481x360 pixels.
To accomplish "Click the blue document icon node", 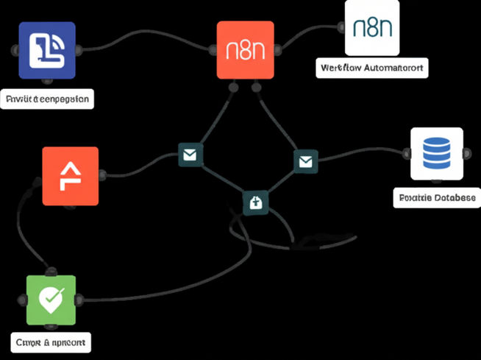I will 46,49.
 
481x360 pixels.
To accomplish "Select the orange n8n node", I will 245,49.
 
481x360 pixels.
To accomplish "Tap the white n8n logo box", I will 372,28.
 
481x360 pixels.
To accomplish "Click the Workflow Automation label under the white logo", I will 372,67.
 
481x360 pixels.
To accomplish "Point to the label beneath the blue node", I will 48,97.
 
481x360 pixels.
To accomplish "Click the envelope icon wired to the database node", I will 304,161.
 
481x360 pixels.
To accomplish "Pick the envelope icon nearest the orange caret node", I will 190,155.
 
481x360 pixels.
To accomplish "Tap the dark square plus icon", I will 256,201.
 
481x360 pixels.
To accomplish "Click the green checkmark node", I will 50,300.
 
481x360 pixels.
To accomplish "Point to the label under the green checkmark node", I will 51,342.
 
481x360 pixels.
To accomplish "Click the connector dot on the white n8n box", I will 341,28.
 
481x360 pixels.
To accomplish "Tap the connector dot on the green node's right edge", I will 81,300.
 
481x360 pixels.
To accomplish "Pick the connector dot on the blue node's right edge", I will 79,49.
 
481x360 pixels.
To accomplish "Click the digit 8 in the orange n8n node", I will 245,52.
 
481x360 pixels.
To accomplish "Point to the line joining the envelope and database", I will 360,156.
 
